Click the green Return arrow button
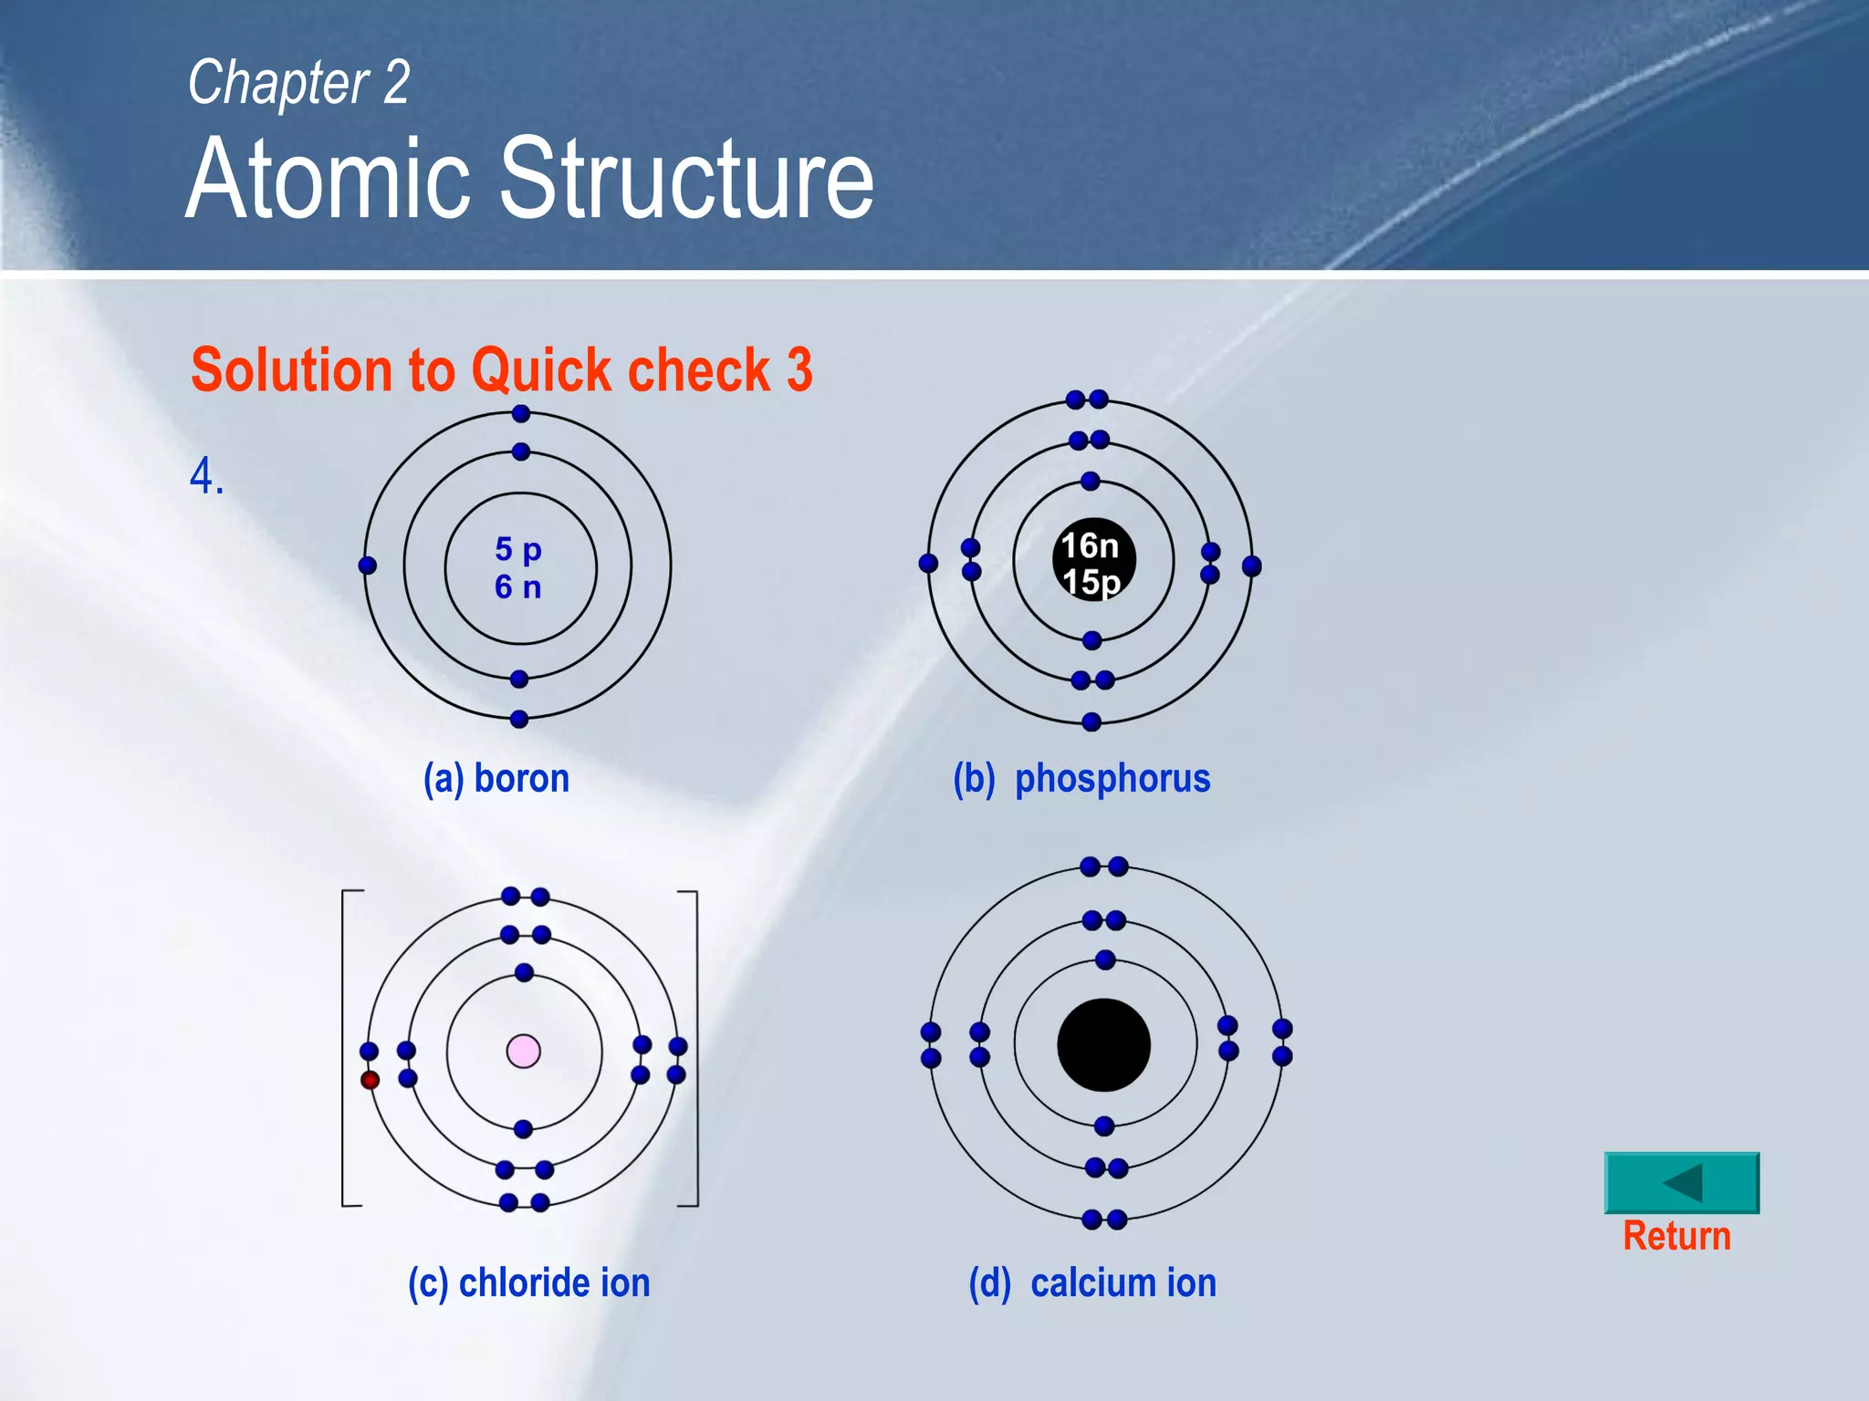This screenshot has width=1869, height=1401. tap(1681, 1183)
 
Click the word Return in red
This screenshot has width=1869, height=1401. tap(1676, 1237)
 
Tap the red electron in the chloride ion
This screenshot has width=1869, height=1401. tap(370, 1080)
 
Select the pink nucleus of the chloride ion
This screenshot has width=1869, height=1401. tap(523, 1051)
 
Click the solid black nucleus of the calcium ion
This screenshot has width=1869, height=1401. tap(1103, 1045)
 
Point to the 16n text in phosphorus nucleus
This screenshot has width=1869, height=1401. tap(1090, 545)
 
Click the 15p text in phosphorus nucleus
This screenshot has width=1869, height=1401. tap(1091, 582)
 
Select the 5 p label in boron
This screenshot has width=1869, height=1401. tap(517, 549)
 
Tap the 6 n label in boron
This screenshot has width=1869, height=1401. tap(517, 586)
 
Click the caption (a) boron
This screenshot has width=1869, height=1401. tap(496, 778)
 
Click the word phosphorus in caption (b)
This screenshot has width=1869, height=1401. tap(1112, 778)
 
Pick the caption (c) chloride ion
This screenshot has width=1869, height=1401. tap(528, 1282)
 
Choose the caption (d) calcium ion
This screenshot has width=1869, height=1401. tap(1091, 1282)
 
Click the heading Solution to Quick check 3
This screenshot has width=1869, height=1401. tap(501, 370)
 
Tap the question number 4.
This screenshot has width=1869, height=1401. tap(206, 476)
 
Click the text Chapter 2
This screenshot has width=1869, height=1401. tap(298, 82)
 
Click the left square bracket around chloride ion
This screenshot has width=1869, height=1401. tap(344, 1049)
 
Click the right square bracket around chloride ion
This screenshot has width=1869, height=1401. tap(696, 1049)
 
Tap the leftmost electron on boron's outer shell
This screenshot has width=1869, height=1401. tap(368, 566)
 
